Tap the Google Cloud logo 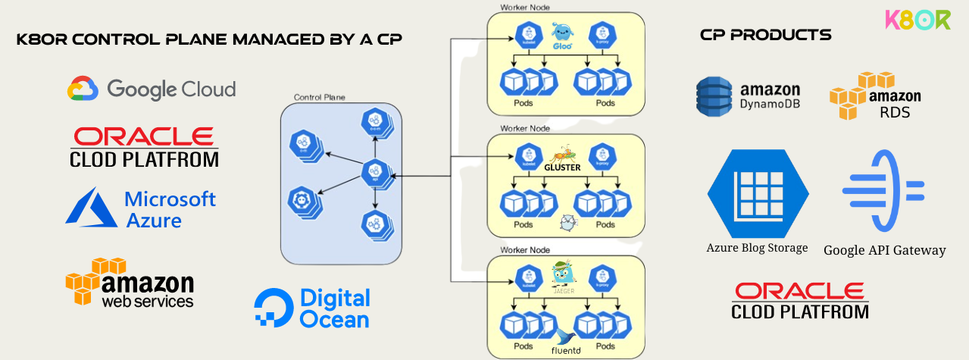(x=152, y=89)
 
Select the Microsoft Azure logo (x=141, y=208)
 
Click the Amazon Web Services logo (x=130, y=283)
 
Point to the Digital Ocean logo (x=312, y=308)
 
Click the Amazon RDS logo (x=875, y=95)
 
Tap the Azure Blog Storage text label (x=757, y=248)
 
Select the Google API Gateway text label (x=884, y=250)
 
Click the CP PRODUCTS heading (x=765, y=35)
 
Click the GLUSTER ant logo (x=562, y=159)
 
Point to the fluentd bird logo (x=564, y=339)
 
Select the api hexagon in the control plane (x=374, y=172)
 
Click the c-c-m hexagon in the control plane (x=374, y=121)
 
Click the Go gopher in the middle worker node (x=567, y=222)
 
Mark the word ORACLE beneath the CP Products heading (x=799, y=291)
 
